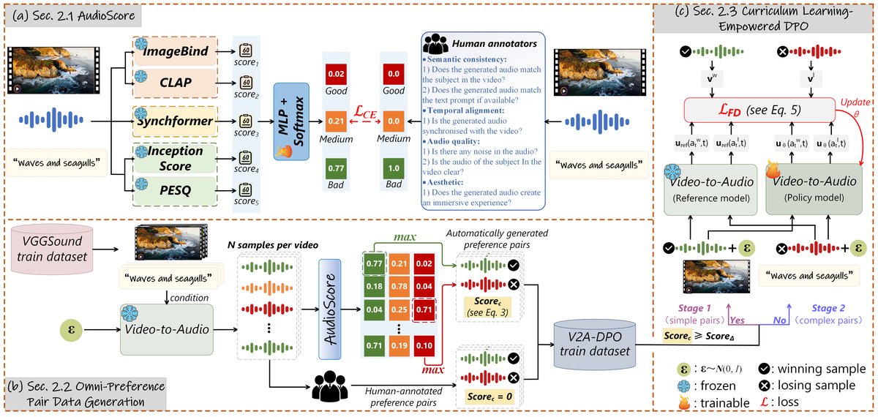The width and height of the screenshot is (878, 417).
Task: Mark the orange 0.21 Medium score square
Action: (x=337, y=118)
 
